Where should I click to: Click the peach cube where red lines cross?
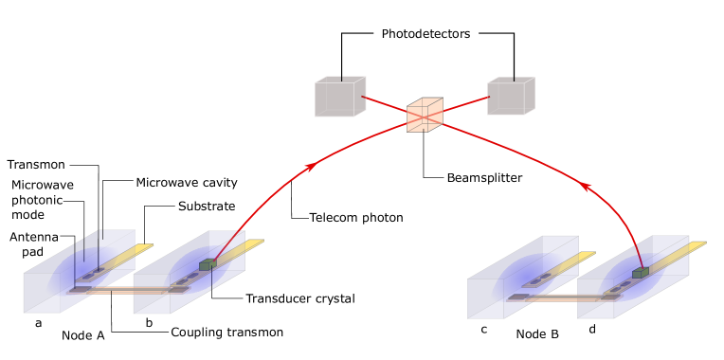[425, 115]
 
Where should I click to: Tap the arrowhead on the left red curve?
[311, 167]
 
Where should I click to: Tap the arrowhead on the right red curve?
[586, 187]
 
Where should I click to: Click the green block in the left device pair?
[207, 264]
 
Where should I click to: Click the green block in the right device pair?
[641, 272]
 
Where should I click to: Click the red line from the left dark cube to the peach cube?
[386, 104]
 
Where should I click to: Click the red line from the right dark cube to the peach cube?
[464, 104]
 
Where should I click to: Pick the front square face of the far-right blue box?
[596, 298]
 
